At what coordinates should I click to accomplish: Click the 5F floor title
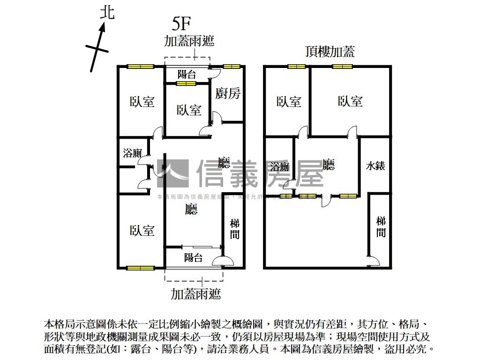(181, 23)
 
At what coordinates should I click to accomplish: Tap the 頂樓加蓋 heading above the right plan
(330, 52)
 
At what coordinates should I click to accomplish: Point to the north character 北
(107, 13)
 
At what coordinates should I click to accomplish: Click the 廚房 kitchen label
(228, 93)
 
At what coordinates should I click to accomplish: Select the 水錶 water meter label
(375, 165)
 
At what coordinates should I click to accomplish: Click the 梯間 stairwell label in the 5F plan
(234, 229)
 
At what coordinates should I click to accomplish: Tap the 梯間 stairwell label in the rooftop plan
(381, 226)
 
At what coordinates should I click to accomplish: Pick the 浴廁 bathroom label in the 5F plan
(132, 153)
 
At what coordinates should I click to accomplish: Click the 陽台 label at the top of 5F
(187, 74)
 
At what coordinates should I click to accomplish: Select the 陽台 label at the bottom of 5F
(193, 257)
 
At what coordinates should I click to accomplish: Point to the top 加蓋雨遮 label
(189, 41)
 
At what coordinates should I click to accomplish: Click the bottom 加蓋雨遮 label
(195, 294)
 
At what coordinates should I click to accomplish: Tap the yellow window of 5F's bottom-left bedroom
(141, 268)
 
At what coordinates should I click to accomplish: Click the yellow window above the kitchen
(231, 67)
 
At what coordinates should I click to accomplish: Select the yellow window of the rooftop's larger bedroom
(343, 67)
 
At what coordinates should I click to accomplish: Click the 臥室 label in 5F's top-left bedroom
(142, 102)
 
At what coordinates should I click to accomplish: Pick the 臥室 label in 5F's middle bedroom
(189, 110)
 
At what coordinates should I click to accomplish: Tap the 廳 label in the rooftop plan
(329, 165)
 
